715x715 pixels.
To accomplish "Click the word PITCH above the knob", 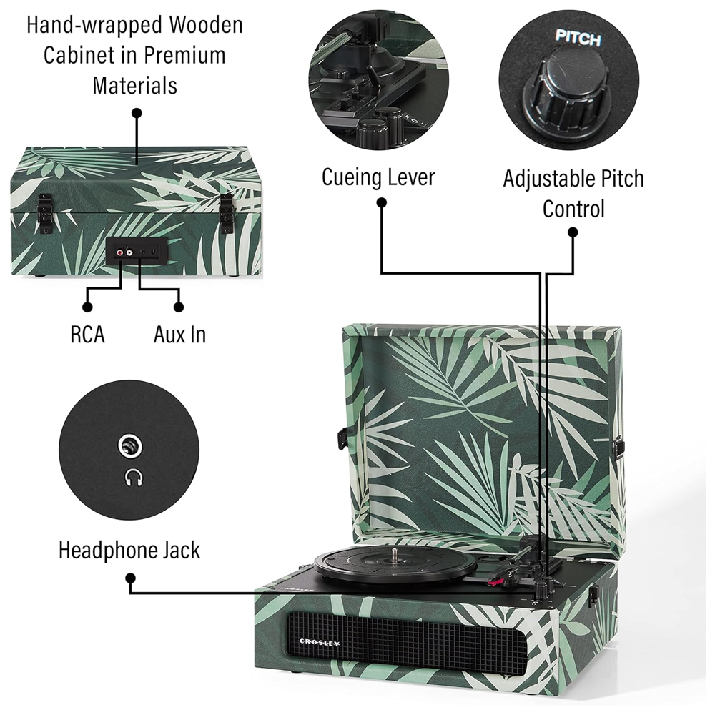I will point(578,39).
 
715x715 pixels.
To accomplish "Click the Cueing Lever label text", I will point(378,177).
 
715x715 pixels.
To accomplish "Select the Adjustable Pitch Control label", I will point(573,193).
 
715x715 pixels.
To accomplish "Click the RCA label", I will point(87,335).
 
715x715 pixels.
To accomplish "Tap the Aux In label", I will point(179,335).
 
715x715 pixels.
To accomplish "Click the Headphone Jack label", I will point(129,551).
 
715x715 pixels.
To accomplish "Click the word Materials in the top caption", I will point(134,86).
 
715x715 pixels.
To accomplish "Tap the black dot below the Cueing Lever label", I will point(381,203).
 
